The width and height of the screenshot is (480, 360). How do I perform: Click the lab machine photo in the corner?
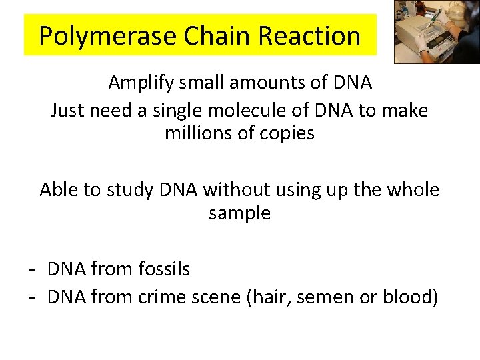click(x=436, y=31)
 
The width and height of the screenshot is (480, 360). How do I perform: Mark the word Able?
click(x=59, y=190)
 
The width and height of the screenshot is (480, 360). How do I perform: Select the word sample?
click(x=239, y=213)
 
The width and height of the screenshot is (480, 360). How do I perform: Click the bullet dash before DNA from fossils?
click(x=31, y=269)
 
